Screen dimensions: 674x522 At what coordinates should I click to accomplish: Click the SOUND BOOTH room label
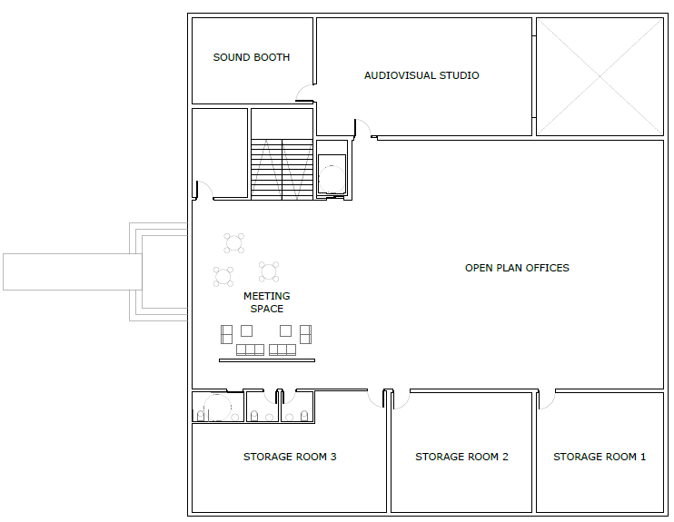point(251,57)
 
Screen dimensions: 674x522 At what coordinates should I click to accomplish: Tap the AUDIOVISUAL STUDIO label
point(421,75)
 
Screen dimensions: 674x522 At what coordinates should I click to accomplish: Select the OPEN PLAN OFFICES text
point(517,268)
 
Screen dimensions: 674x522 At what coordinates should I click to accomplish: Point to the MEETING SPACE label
point(266,302)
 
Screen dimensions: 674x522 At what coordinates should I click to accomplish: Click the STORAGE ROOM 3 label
point(290,457)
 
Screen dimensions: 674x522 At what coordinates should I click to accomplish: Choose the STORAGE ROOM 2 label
point(461,457)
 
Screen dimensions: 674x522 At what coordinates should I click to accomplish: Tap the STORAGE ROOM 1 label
point(600,457)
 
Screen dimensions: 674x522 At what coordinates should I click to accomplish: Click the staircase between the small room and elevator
point(282,169)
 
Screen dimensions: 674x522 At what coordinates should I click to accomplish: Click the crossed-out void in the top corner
point(600,76)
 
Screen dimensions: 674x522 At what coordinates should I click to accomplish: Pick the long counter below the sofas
point(267,360)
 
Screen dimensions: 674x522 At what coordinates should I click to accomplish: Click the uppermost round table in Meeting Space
point(233,243)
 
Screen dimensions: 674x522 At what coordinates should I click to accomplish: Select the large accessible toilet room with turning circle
point(217,407)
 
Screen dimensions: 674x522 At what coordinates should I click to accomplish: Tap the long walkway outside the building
point(73,271)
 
